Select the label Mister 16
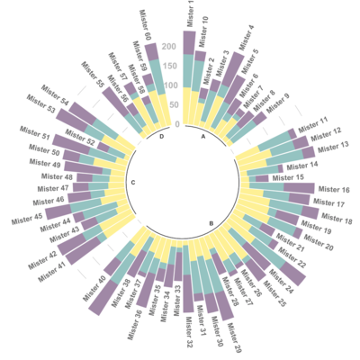[333, 191]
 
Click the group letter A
[204, 137]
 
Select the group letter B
[211, 222]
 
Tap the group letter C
[132, 184]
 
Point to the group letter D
[161, 137]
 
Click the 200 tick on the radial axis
[169, 46]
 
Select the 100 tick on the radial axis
[169, 85]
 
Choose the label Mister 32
[189, 332]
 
